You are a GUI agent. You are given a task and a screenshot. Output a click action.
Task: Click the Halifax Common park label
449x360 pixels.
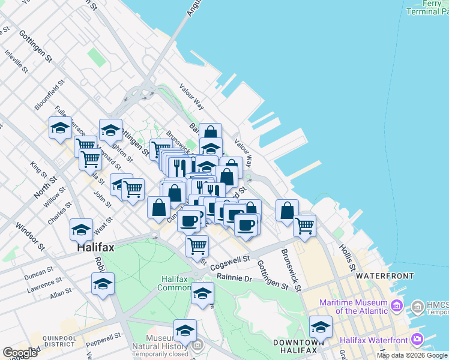[x=174, y=283]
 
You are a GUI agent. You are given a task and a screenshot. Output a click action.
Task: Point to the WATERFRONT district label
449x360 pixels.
[x=385, y=276]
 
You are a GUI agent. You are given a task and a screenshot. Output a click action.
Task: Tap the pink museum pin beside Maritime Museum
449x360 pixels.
[x=396, y=307]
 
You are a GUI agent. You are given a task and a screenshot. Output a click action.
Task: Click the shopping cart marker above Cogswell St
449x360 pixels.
[x=197, y=245]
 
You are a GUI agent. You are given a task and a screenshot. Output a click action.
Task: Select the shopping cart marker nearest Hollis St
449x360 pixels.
[x=304, y=225]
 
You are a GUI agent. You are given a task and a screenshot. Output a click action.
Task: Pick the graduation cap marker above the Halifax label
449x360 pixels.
[x=81, y=229]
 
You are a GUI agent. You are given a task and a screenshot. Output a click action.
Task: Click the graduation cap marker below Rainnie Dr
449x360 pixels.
[x=202, y=293]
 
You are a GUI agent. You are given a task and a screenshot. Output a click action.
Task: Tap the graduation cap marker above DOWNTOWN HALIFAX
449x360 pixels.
[x=321, y=327]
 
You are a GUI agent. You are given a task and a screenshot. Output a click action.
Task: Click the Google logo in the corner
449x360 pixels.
[x=20, y=353]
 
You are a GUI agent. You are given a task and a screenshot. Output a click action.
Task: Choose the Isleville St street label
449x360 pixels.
[x=16, y=61]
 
